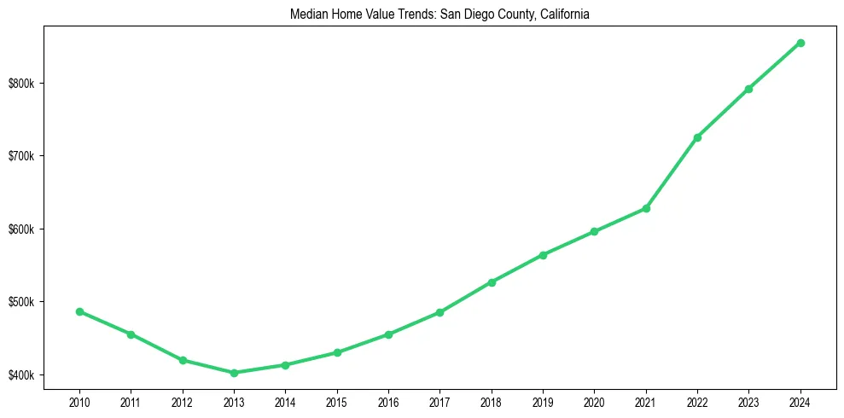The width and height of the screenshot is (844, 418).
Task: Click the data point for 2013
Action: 234,373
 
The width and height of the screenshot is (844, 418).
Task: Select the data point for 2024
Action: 800,43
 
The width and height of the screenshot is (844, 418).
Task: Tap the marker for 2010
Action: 79,311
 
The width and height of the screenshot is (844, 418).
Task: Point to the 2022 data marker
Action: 697,137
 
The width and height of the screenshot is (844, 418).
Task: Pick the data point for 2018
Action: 492,282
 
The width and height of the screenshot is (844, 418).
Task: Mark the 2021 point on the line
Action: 646,208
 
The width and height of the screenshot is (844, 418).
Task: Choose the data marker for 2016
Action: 388,334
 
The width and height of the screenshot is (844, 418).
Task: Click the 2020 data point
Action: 594,231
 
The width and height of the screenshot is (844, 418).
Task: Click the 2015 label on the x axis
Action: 337,401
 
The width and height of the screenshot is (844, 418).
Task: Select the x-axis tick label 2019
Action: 543,401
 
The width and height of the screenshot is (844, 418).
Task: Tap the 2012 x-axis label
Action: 183,401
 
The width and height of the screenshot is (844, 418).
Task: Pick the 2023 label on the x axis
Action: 748,401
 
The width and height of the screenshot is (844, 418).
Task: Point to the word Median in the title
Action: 309,15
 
